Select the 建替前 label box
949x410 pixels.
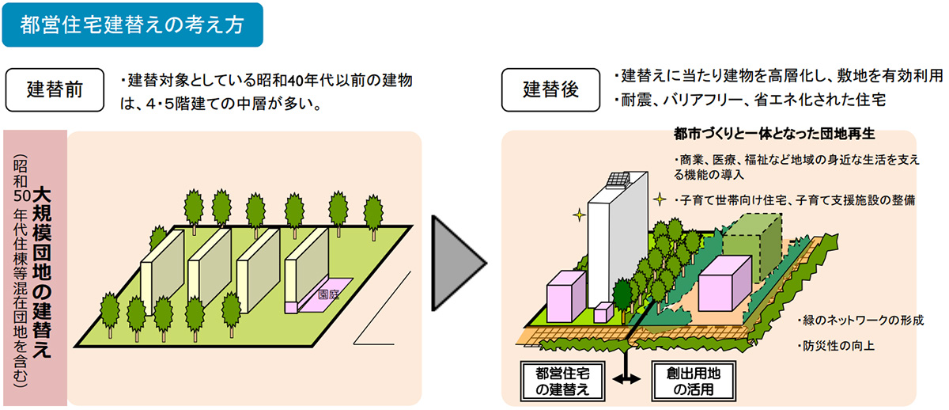[55, 89]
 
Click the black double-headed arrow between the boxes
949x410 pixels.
[627, 381]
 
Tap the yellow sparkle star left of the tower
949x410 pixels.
[579, 213]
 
